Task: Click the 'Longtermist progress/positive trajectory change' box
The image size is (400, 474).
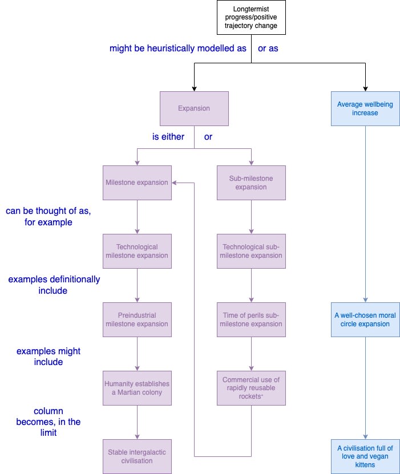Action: pos(251,18)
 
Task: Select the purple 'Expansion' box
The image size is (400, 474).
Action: pos(194,108)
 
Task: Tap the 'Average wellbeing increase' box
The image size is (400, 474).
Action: pos(365,108)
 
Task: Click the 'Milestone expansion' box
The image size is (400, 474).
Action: pos(137,183)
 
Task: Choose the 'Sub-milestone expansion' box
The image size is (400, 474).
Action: pos(251,183)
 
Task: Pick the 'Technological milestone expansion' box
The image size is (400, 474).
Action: pos(137,251)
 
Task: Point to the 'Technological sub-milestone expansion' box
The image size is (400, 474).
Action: pos(251,251)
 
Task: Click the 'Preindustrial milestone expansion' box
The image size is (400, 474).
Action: pos(137,319)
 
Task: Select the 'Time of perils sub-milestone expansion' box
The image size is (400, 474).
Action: pos(251,319)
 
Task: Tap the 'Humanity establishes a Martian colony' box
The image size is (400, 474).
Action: pos(137,388)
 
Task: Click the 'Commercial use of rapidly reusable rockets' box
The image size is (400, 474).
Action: pos(251,388)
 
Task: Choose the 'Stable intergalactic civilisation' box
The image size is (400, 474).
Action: pos(137,456)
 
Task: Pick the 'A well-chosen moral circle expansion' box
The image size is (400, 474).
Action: pos(365,319)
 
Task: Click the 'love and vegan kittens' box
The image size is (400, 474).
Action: pos(365,456)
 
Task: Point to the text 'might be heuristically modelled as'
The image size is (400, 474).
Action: pos(177,48)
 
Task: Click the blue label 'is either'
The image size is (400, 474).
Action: pos(168,137)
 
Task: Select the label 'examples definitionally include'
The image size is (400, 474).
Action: pos(54,285)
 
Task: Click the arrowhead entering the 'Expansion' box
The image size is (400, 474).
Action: pos(194,88)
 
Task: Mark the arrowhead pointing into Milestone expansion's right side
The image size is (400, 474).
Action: pos(175,183)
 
